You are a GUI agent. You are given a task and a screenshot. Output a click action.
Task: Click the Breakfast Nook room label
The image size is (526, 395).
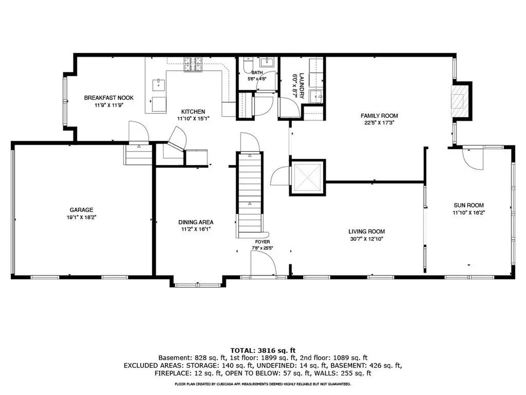pos(109,98)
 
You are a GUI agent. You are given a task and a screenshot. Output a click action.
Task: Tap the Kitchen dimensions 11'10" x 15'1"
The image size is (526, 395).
pos(193,119)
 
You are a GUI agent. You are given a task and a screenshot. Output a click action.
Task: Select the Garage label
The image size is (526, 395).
pos(82,210)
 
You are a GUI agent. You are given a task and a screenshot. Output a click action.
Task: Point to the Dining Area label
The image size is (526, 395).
pos(196,222)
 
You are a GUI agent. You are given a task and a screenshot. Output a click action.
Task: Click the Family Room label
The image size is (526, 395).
pos(380,116)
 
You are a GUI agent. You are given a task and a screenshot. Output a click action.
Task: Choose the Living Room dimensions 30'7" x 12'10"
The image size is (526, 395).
pos(366,239)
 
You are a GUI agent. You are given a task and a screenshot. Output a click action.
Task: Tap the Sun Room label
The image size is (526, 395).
pos(468,205)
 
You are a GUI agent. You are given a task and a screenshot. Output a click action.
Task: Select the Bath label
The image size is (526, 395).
pos(257,73)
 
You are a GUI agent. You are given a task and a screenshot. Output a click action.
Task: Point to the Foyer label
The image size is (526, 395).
pos(262,242)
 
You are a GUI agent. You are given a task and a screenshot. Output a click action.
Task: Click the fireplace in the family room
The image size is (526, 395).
pos(458,101)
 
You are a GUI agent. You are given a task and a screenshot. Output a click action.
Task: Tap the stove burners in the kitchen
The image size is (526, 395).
pos(193,64)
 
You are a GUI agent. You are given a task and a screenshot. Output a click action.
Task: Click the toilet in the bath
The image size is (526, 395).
pos(248,65)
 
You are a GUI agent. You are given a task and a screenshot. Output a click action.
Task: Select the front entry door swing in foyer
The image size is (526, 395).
pos(264,264)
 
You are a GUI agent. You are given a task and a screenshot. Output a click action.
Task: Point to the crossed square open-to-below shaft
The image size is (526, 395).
pos(307,177)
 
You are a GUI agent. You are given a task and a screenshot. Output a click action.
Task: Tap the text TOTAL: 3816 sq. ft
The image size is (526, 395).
pos(263,351)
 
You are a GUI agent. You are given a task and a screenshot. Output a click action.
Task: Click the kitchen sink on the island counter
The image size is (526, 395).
pos(159,85)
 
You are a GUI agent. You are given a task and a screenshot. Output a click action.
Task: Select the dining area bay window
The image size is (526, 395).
pos(198,285)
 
